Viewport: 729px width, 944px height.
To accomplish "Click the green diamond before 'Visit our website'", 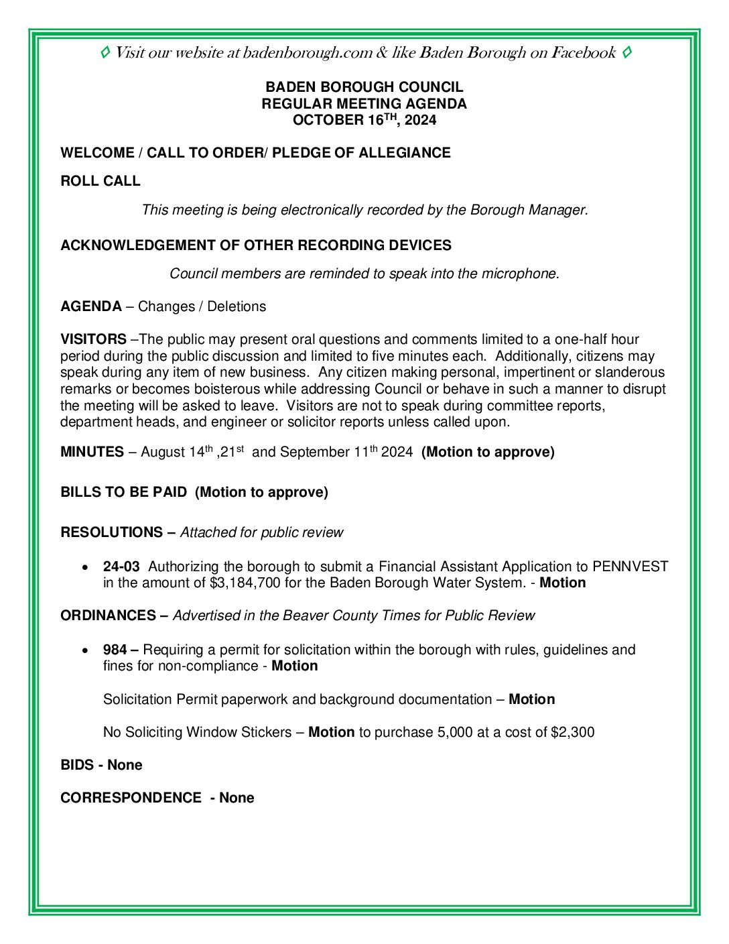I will (x=105, y=52).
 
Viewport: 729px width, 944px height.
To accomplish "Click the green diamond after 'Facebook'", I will (x=626, y=52).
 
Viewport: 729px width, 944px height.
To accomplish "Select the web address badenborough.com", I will (x=308, y=53).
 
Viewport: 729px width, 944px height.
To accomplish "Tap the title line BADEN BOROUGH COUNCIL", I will (x=364, y=87).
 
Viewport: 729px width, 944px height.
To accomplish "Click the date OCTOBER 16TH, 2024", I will (x=364, y=120).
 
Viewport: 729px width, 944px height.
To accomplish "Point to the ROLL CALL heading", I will (x=101, y=181).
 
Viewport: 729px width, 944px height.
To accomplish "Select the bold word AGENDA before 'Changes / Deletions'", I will (x=91, y=306).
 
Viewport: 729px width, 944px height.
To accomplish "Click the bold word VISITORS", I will (x=93, y=339).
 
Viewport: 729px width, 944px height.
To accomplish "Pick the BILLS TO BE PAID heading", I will (x=124, y=492).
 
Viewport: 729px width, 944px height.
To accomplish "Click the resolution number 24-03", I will (x=121, y=567).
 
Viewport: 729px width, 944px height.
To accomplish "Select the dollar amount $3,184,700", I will (x=245, y=583).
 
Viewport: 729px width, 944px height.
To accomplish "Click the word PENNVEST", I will (x=630, y=567).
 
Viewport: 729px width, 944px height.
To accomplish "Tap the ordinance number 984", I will (x=115, y=650).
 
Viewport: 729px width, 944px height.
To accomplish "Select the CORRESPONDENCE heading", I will (x=131, y=798).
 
